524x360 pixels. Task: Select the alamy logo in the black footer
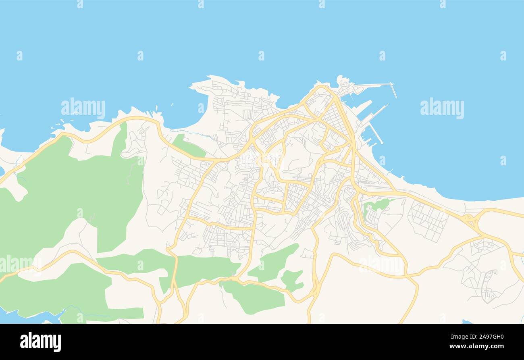click(x=40, y=341)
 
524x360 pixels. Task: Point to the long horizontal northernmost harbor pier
click(x=373, y=85)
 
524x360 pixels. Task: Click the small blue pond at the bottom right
click(x=466, y=322)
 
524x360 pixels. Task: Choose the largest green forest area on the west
click(x=77, y=194)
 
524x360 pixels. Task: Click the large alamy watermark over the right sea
click(x=442, y=108)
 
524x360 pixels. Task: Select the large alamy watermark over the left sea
click(x=83, y=108)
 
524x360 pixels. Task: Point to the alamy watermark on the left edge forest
click(x=18, y=264)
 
